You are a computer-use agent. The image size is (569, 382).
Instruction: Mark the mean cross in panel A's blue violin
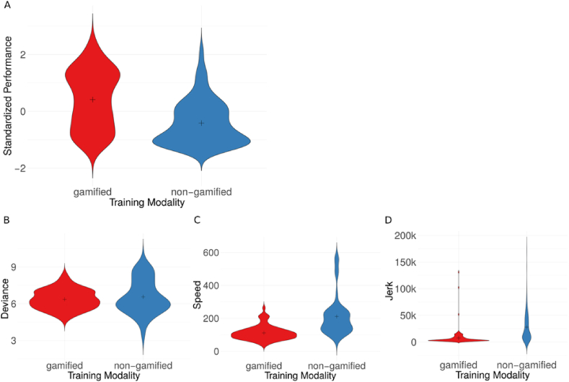(x=201, y=123)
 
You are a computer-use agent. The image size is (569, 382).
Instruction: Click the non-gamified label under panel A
(x=201, y=191)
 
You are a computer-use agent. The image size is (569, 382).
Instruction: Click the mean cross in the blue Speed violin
(x=337, y=316)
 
